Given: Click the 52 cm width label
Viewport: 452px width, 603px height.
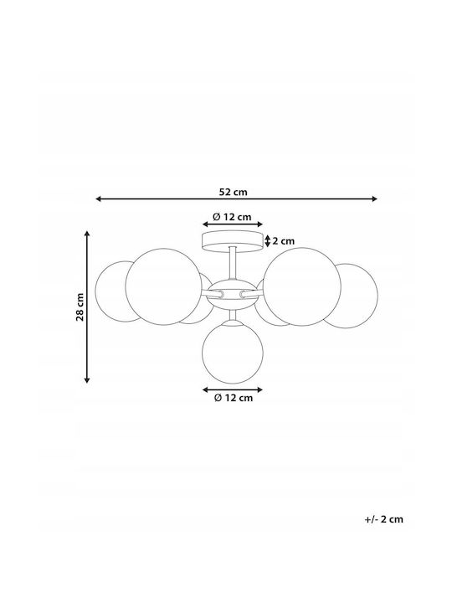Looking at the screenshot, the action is (x=233, y=192).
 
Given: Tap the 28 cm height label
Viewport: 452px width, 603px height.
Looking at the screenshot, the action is (x=80, y=307).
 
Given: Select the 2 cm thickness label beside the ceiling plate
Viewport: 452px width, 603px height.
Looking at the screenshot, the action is (x=283, y=241).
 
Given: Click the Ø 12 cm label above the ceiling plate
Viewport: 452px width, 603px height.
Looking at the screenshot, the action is (x=232, y=217).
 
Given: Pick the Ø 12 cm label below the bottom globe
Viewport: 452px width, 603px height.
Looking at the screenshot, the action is (x=234, y=398).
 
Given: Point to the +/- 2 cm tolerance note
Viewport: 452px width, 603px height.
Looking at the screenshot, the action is (x=384, y=519).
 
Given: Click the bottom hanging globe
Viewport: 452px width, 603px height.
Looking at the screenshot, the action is (x=233, y=353).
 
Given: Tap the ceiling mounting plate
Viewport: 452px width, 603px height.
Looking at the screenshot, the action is (x=232, y=241).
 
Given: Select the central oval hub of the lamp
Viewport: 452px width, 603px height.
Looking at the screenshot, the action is (x=232, y=294).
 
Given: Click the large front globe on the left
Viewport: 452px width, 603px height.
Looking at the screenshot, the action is (x=164, y=286).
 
